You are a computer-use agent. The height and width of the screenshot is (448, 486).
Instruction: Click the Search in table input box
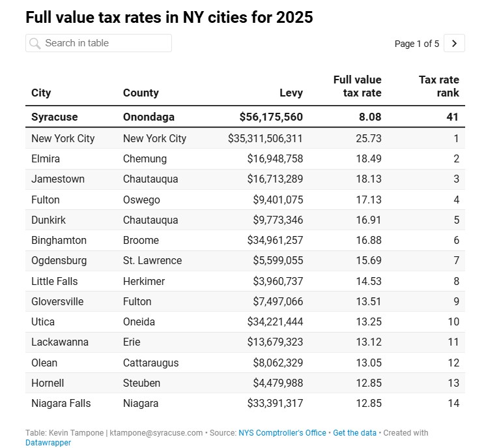99,43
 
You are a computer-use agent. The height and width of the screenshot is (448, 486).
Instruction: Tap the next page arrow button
455,44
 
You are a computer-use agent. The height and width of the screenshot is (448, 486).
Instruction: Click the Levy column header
291,93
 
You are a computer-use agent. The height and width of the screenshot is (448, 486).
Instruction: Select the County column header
141,93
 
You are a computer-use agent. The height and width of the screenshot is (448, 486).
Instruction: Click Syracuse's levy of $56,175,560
270,117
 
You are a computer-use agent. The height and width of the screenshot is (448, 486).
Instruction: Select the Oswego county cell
141,200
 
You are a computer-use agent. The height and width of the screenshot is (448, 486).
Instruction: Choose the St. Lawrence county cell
152,260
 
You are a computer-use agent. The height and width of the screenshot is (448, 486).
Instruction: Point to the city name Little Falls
54,281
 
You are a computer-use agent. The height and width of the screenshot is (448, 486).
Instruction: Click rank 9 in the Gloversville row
456,301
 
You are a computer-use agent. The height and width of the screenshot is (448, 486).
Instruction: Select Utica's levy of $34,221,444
275,321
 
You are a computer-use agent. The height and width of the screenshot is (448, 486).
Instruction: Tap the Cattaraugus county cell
150,363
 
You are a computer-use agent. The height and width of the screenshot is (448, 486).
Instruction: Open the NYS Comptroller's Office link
281,433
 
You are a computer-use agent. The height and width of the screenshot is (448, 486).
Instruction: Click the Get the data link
355,433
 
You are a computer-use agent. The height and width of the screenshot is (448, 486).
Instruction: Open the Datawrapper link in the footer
48,443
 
